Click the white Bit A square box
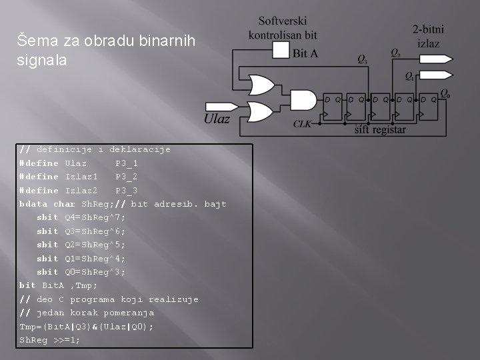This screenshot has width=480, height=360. click(280, 51)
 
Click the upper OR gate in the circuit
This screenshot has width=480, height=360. click(257, 81)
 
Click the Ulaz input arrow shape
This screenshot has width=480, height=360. click(217, 107)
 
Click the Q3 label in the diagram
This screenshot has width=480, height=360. click(362, 60)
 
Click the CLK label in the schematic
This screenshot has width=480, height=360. click(303, 124)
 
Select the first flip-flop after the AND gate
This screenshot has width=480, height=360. click(331, 107)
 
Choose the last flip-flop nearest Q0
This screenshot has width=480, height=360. click(427, 107)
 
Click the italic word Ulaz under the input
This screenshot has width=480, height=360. click(217, 119)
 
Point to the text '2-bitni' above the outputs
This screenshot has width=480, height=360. click(428, 29)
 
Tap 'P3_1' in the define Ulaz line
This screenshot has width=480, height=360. click(127, 163)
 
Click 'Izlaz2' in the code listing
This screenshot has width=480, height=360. click(81, 191)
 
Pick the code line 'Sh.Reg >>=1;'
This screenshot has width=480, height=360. click(50, 340)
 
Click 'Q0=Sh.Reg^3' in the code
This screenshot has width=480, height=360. click(95, 272)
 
